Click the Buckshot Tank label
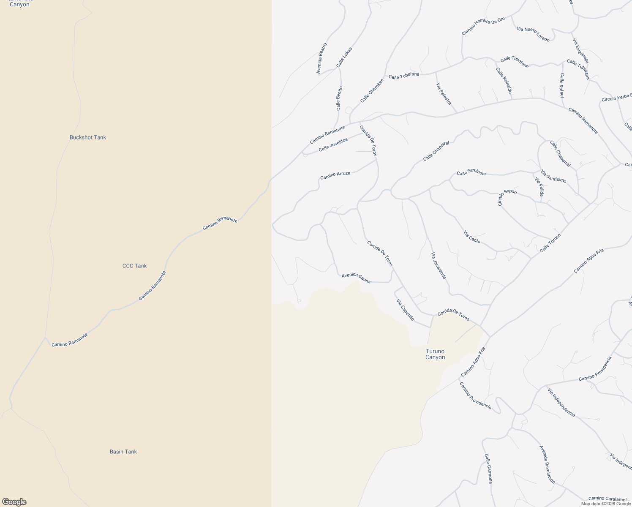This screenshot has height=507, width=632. click(88, 137)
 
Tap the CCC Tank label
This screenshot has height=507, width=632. click(134, 266)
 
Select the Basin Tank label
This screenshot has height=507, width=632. click(123, 452)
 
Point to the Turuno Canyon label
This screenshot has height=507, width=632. click(435, 354)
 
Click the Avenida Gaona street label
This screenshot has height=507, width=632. click(356, 278)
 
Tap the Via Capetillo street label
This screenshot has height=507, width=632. click(405, 310)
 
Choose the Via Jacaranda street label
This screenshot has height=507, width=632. click(439, 265)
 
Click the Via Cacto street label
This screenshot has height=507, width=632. click(472, 237)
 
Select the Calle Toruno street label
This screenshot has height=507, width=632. click(550, 243)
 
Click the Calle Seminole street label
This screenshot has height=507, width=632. click(471, 173)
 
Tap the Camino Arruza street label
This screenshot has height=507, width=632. click(335, 175)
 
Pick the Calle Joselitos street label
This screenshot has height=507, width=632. click(333, 144)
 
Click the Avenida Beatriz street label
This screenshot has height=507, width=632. click(322, 58)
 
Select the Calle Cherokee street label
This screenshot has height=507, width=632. click(372, 90)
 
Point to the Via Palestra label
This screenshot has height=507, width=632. click(444, 94)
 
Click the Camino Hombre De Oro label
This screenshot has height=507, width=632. click(483, 26)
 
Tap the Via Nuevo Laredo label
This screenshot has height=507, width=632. click(533, 34)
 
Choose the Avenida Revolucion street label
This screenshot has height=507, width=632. click(547, 464)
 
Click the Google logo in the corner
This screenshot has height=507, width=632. click(14, 502)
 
